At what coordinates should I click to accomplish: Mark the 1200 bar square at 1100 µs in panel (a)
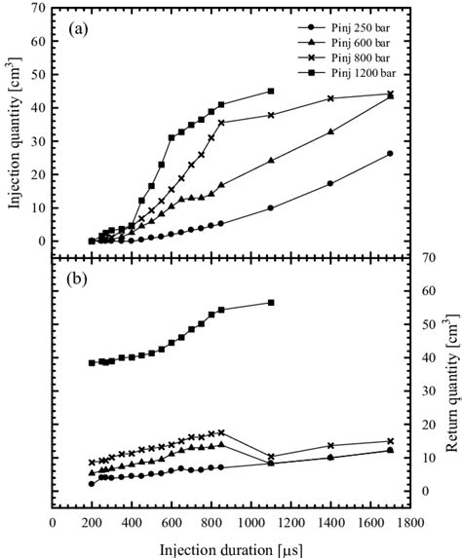(271, 92)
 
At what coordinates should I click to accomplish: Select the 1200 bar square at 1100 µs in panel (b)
(271, 303)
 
